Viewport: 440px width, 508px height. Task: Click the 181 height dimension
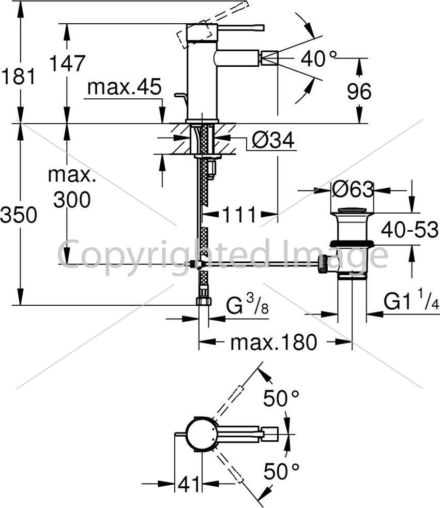(x=18, y=77)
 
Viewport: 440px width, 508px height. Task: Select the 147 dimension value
(x=67, y=63)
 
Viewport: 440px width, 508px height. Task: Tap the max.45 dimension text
(x=124, y=87)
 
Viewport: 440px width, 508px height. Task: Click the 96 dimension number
(x=359, y=92)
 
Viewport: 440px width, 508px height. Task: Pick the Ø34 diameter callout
(x=274, y=140)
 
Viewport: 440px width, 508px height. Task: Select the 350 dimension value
(x=19, y=215)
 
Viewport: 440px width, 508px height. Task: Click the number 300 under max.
(x=72, y=200)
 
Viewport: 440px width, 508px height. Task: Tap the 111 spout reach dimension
(x=239, y=215)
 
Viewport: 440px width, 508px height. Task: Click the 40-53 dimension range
(x=409, y=229)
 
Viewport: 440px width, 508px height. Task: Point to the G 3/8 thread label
(x=247, y=305)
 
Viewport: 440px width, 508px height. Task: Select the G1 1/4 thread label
(x=411, y=301)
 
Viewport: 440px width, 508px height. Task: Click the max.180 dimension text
(x=274, y=342)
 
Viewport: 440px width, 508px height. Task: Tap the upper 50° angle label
(x=281, y=398)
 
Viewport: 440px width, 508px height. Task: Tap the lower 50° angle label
(x=281, y=471)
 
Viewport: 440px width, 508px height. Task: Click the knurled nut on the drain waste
(x=323, y=264)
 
